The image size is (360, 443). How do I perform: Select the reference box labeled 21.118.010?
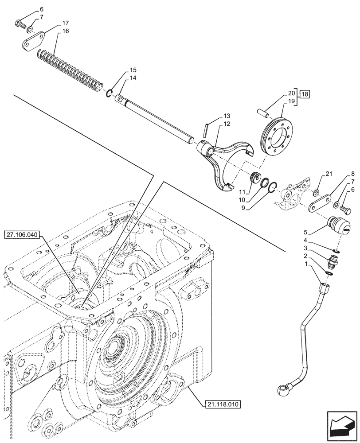coord(223,404)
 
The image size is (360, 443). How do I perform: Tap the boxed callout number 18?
coord(305,93)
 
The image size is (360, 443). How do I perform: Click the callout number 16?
coord(65,31)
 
